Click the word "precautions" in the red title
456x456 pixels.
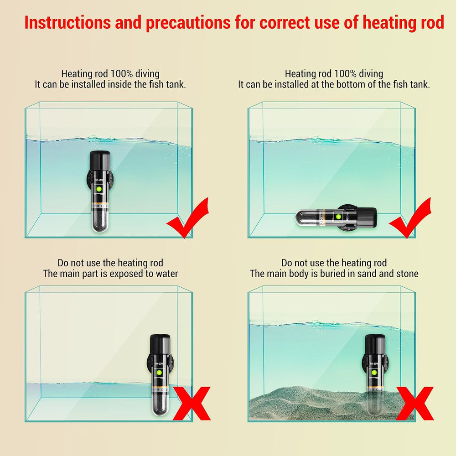coord(188,23)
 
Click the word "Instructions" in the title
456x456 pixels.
coord(67,22)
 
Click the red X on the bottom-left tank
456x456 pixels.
coord(192,404)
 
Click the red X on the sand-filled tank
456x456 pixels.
coord(415,404)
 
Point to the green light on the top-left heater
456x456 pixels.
coord(99,189)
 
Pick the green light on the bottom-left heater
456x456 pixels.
coord(159,373)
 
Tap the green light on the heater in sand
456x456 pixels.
coord(374,373)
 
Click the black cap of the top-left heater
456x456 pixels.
coord(99,161)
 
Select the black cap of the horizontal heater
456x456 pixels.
coord(367,217)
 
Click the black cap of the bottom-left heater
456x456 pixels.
coord(160,344)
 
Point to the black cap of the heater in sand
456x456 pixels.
coord(375,344)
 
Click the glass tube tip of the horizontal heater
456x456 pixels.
coord(298,217)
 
